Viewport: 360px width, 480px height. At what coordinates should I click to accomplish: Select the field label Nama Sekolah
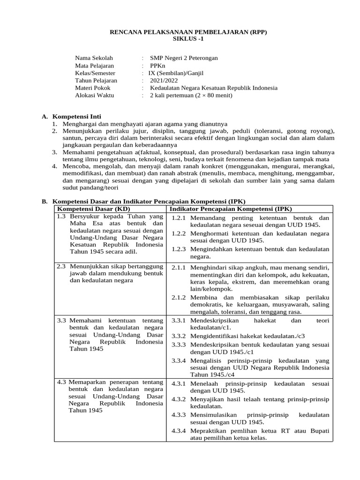[94, 58]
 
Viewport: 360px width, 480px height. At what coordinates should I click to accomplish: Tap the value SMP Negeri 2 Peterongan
[184, 58]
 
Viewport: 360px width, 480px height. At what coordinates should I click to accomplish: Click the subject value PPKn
[158, 66]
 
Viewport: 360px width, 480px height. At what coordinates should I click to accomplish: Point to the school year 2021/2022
[165, 81]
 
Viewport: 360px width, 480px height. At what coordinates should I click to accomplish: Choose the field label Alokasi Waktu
[96, 95]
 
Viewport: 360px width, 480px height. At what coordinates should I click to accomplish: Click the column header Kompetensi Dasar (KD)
[93, 208]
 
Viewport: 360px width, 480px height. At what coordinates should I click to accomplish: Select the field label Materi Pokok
[94, 88]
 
